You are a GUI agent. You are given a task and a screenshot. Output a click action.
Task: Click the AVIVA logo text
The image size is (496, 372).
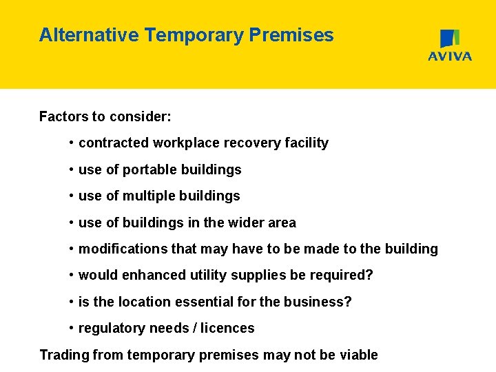[x=450, y=56]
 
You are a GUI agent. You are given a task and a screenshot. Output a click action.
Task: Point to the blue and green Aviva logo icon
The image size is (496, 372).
[x=450, y=39]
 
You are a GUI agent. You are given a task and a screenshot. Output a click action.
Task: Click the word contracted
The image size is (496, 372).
[x=114, y=143]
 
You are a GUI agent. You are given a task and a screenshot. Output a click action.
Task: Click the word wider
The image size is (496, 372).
[x=245, y=223]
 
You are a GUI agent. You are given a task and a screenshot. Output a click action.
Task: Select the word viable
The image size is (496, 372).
[x=358, y=355]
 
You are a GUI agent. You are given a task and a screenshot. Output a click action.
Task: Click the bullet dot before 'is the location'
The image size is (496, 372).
[x=72, y=302]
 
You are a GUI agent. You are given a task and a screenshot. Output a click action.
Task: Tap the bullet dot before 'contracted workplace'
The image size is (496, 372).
[x=72, y=143]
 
